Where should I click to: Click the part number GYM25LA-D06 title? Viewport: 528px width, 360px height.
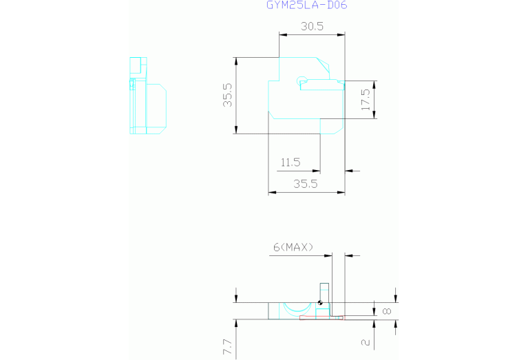point(307,5)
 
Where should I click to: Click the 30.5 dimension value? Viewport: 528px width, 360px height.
point(312,26)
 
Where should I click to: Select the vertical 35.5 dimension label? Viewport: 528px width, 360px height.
point(228,95)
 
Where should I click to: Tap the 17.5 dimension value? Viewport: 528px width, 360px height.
point(366,99)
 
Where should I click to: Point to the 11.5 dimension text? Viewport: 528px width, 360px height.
point(291,162)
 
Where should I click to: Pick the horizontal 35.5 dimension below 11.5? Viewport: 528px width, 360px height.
point(306,184)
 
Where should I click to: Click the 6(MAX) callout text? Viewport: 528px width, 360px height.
point(293,248)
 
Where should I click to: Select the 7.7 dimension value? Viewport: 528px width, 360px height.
point(228,347)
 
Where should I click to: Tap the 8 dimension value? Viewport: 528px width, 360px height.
point(388,311)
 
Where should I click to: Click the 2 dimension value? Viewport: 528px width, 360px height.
point(366,343)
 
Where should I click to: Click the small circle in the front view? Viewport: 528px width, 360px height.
point(302,81)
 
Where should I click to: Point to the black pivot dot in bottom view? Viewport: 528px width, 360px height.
point(320,303)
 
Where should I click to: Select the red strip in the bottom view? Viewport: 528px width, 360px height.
point(321,317)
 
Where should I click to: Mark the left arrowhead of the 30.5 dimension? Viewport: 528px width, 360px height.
point(283,34)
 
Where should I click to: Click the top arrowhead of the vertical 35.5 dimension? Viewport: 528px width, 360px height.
point(236,61)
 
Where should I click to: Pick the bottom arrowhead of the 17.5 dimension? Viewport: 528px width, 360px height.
point(374,114)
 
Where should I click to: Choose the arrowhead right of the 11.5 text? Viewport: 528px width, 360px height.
point(316,171)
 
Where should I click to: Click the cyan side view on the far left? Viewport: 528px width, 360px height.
point(148,96)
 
